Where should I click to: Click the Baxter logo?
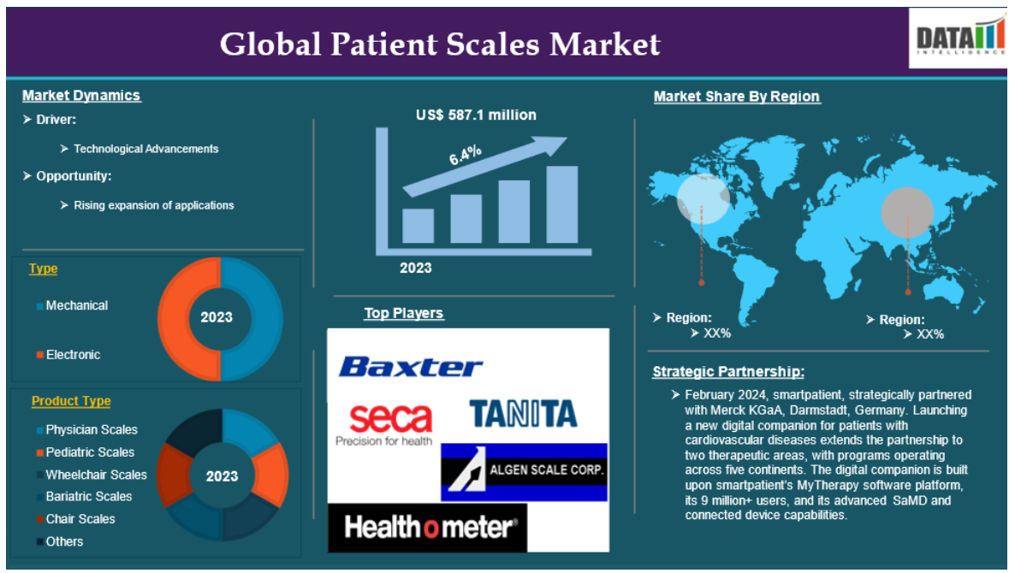pos(411,367)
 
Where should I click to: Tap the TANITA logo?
pos(523,414)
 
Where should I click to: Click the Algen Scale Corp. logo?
pos(525,472)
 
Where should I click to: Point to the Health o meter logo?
pos(428,528)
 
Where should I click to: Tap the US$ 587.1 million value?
pos(476,115)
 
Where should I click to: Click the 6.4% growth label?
pos(466,155)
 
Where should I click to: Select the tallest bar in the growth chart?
pos(562,204)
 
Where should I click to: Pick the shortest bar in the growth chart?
pos(418,226)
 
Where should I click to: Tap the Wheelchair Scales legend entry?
pos(92,475)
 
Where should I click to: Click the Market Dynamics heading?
pos(81,96)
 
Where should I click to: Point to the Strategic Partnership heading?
pos(728,372)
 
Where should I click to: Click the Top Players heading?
pos(403,313)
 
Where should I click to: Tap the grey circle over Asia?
pos(907,211)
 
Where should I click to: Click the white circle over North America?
pos(703,198)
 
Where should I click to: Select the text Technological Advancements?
pos(145,149)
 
